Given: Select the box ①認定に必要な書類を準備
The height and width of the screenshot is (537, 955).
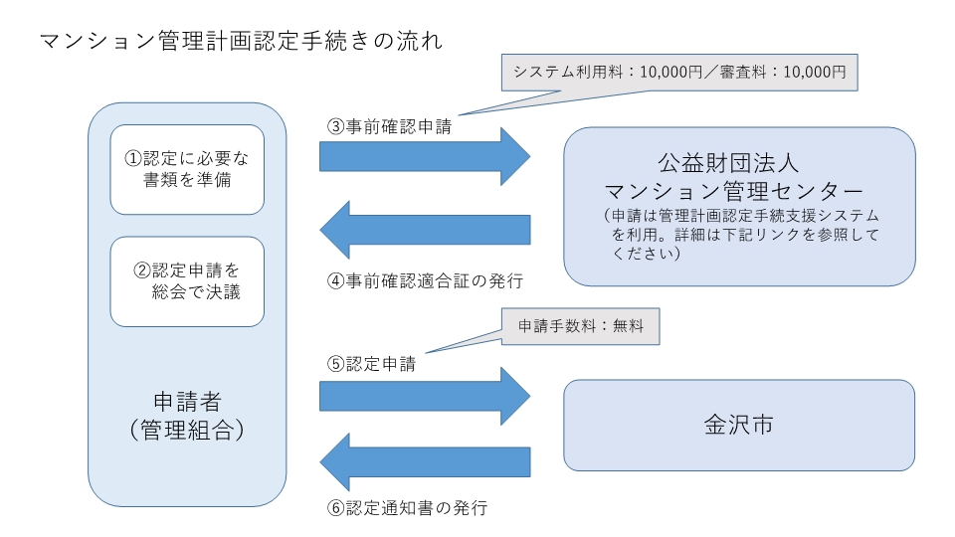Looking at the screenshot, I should [x=187, y=169].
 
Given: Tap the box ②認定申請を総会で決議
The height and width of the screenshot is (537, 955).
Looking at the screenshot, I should [x=187, y=281].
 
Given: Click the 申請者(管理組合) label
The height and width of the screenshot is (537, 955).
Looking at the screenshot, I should [x=187, y=416].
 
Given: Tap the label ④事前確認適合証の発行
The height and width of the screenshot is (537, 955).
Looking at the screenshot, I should [x=425, y=280].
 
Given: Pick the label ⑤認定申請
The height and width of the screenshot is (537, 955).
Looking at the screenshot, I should [x=371, y=363].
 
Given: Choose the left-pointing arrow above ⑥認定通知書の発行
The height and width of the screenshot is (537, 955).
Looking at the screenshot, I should [x=425, y=460].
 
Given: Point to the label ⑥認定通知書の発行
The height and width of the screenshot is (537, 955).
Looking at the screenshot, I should [x=407, y=507].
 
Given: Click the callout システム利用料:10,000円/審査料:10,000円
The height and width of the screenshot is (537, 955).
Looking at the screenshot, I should [x=678, y=72].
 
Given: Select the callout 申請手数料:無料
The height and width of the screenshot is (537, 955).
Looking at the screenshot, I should [x=576, y=327].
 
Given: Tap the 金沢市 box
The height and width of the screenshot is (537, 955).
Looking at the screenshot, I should [x=739, y=425].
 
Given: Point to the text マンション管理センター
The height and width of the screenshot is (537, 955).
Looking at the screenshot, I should [x=739, y=189].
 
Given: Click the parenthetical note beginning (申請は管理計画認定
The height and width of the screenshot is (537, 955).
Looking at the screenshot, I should [x=740, y=235].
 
